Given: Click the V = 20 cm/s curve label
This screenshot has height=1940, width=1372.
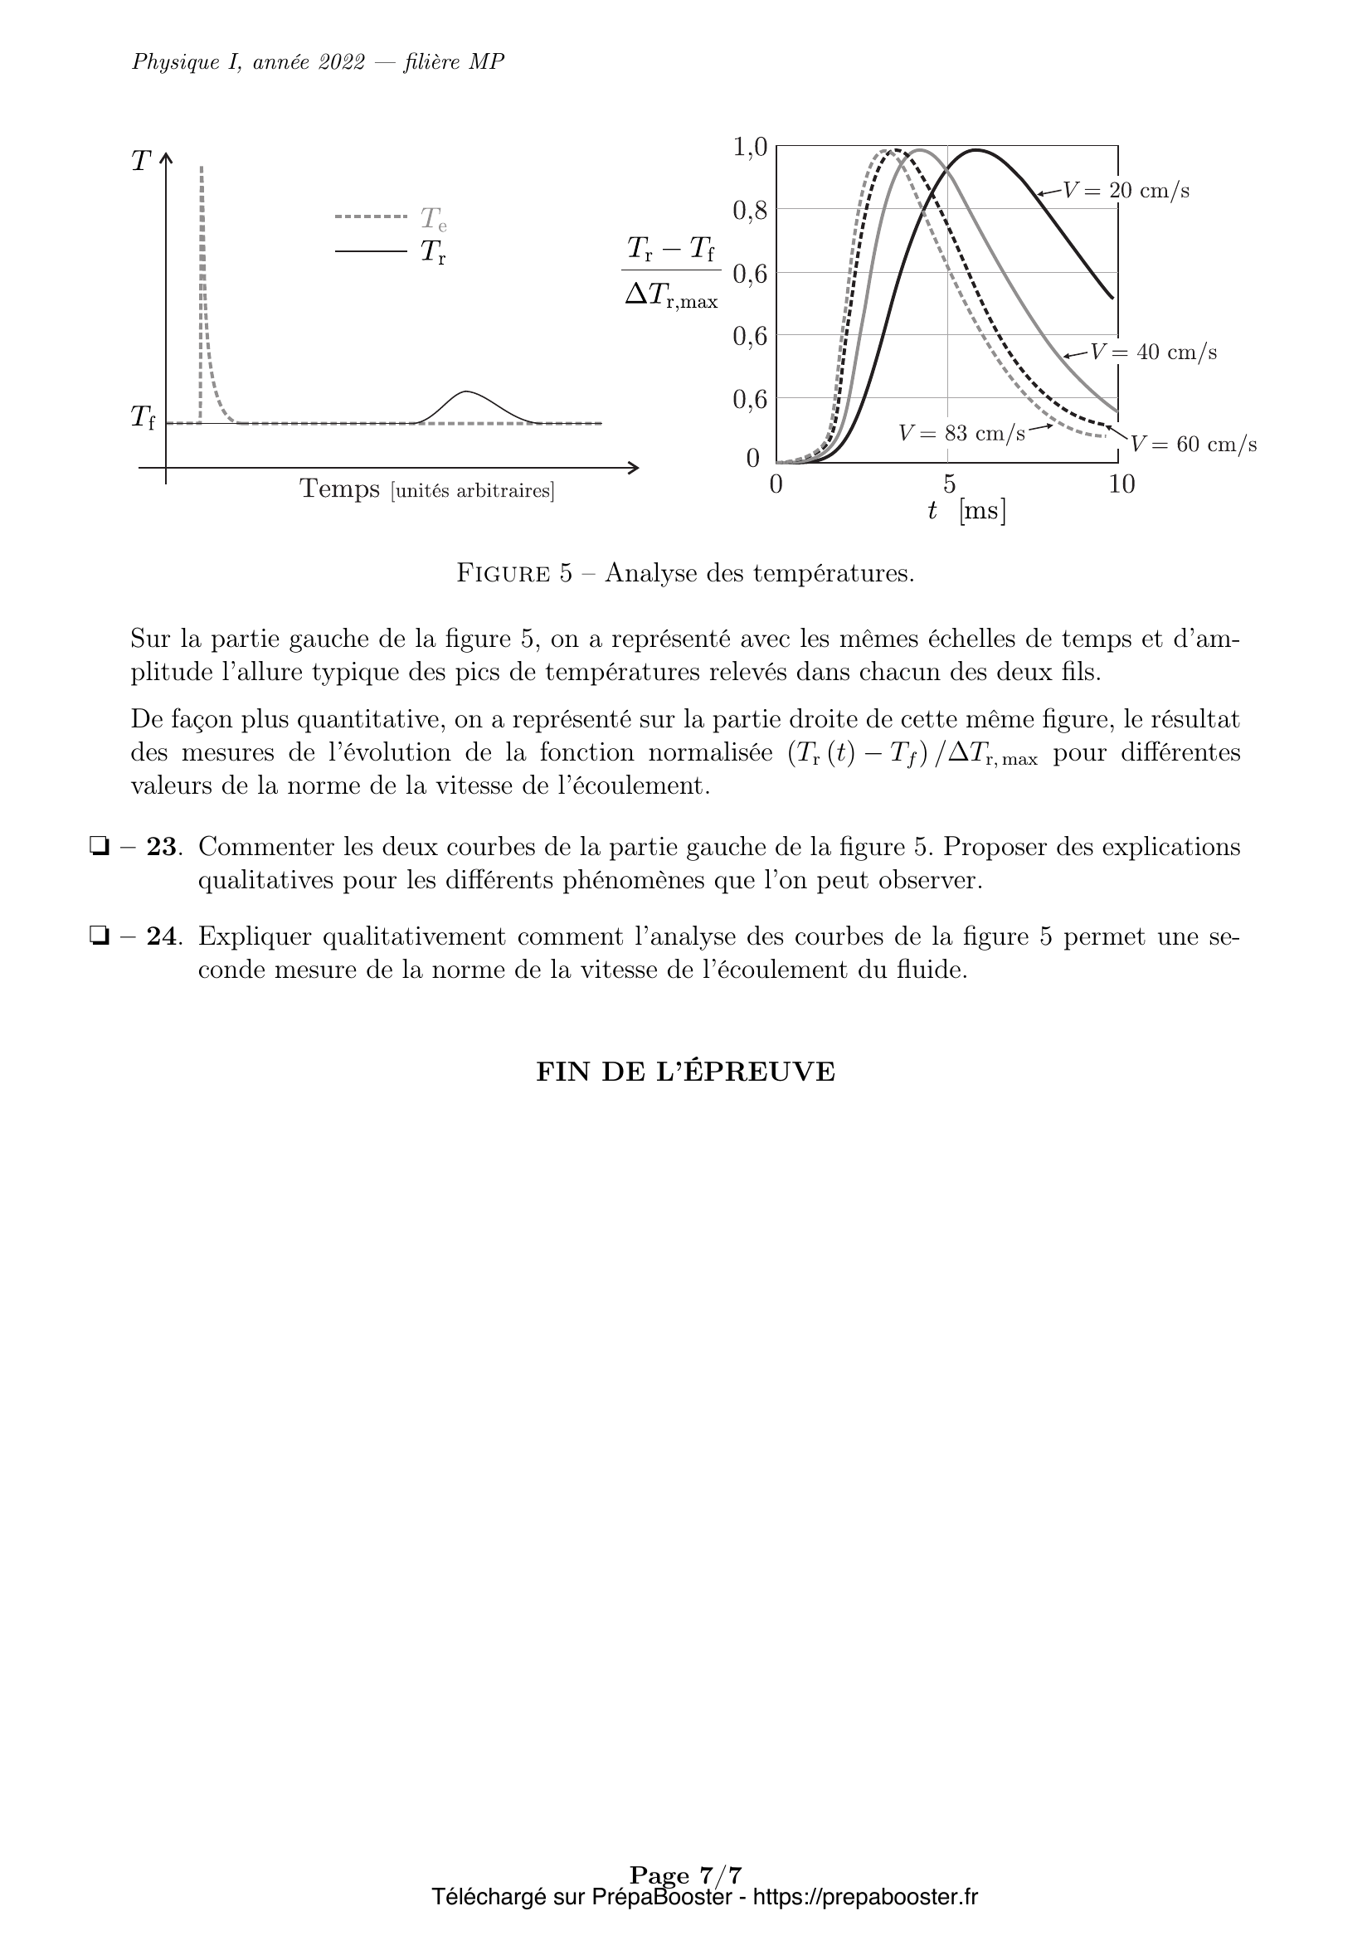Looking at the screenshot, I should [1126, 191].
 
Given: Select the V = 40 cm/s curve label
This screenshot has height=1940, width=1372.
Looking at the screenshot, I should [1153, 353].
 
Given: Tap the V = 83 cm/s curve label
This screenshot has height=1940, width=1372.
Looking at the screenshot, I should [961, 434].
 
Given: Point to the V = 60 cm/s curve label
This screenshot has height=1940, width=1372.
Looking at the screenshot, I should [1193, 445].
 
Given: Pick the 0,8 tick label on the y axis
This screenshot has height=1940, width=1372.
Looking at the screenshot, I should [749, 211].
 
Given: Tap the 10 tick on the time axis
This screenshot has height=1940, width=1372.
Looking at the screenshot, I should [1121, 484].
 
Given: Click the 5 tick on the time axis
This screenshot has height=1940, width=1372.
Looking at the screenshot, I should [949, 484].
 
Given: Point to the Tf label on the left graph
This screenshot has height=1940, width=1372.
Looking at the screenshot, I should [143, 416].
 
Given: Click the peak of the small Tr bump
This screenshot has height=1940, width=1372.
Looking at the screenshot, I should [467, 392].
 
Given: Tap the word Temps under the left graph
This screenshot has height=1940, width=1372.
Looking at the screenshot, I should [339, 489].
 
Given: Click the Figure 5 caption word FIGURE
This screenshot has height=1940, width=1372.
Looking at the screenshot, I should [504, 574].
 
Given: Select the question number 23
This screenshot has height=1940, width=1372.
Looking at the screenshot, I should [163, 847].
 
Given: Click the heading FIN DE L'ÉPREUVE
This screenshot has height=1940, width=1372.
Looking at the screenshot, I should [685, 1072].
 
